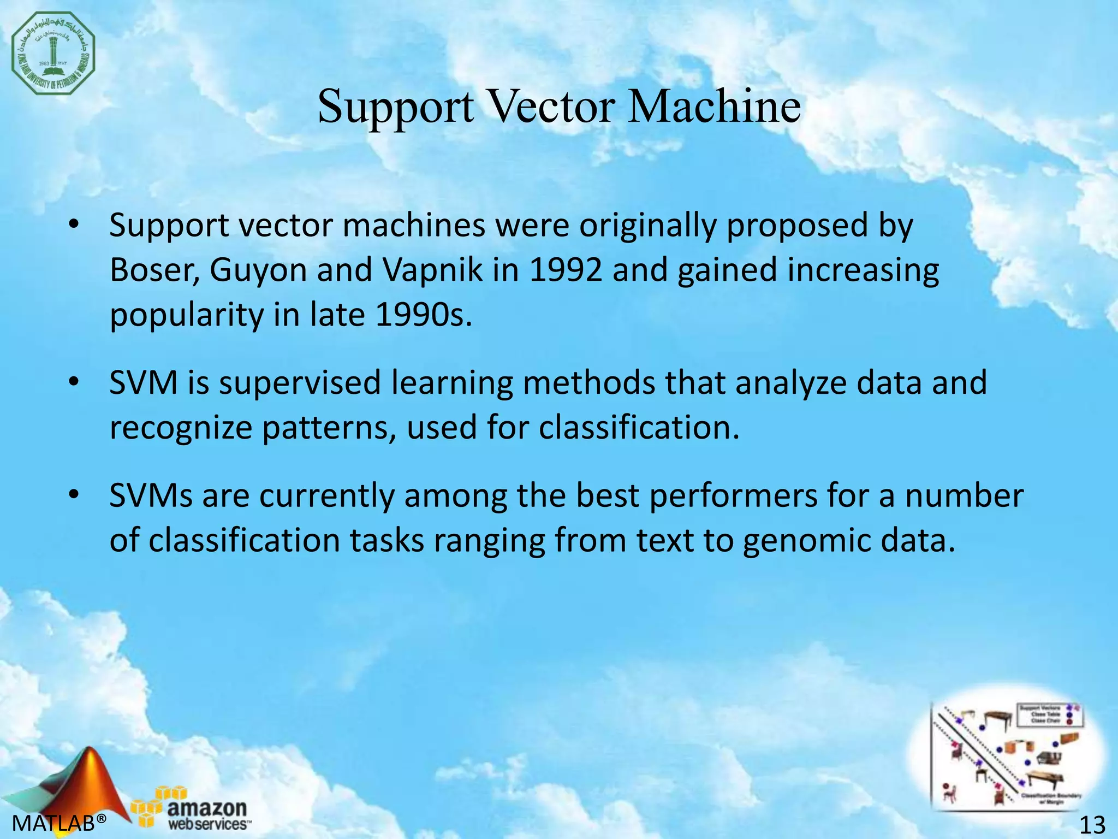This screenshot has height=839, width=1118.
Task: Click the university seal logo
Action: (53, 53)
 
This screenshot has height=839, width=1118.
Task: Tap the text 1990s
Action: (423, 315)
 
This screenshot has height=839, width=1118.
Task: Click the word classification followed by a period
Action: (639, 428)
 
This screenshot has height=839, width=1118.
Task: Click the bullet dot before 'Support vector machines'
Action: (74, 226)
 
